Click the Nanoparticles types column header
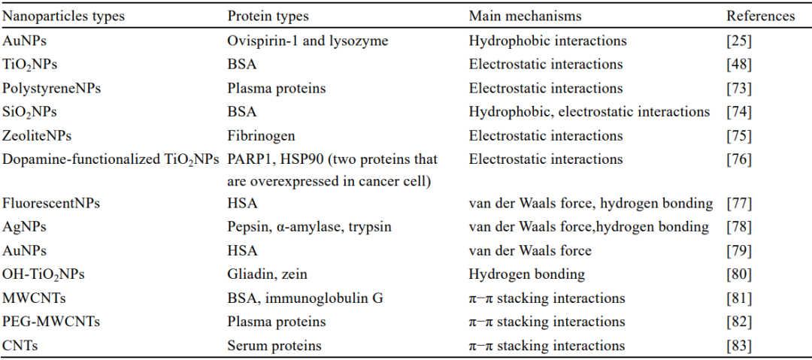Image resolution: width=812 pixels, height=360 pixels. [64, 16]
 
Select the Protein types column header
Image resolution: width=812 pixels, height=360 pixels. [268, 16]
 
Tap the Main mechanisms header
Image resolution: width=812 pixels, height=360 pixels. [525, 16]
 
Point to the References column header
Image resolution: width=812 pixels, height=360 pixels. [761, 16]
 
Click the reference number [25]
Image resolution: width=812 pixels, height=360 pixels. [739, 41]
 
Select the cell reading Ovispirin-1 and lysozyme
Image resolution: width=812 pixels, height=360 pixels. [308, 41]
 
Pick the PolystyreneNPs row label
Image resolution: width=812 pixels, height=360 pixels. [52, 89]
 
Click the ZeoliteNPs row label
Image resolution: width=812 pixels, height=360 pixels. [38, 136]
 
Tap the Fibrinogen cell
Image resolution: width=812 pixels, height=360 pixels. [262, 136]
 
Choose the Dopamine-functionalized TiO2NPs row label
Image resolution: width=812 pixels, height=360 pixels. [114, 160]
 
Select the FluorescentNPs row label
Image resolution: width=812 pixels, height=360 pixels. [51, 203]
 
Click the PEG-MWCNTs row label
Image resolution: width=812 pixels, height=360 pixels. [51, 322]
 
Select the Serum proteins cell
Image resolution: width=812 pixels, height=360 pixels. [274, 346]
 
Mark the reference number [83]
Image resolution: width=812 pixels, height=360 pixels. [739, 346]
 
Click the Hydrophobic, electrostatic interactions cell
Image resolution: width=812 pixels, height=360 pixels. [589, 112]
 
